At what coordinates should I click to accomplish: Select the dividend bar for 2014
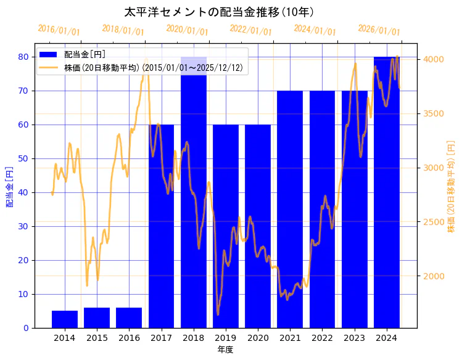[65, 319]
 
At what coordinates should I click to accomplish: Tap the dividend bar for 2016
[129, 317]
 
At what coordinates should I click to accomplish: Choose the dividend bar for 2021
[290, 210]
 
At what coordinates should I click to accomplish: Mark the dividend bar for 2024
[387, 191]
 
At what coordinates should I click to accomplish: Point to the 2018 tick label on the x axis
[194, 338]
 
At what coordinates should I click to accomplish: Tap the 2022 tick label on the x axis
[322, 338]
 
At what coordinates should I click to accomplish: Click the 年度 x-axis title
[225, 350]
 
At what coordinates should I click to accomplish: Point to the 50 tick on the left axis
[23, 158]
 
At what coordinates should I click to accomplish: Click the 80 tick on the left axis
[23, 57]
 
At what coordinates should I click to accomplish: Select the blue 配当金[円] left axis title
[9, 186]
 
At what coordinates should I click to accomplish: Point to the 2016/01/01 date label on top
[59, 30]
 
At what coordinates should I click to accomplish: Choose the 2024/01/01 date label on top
[315, 30]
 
